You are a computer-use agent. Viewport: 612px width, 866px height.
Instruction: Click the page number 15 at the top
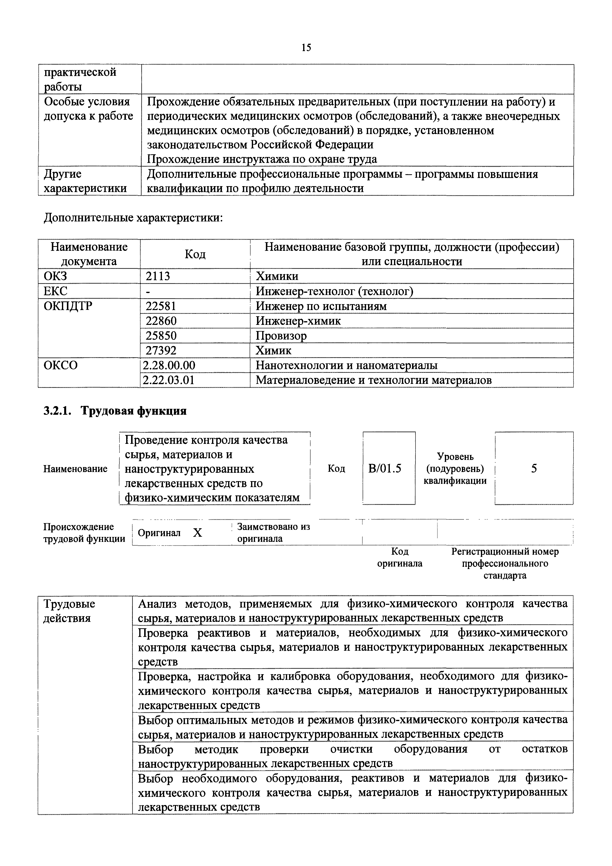point(306,48)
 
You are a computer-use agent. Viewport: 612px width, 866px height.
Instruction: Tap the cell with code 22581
point(161,306)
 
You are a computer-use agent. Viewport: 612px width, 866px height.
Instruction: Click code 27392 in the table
point(161,350)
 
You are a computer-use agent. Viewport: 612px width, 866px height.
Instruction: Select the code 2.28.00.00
point(169,365)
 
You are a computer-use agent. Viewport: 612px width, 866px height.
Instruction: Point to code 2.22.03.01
point(169,380)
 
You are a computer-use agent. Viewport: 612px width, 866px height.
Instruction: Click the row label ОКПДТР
point(68,306)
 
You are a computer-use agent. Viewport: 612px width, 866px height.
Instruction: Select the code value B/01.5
point(385,469)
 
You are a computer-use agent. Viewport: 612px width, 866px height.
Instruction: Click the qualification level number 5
point(534,469)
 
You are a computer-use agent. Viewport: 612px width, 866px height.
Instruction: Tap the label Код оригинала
point(400,557)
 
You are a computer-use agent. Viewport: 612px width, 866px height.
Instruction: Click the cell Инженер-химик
point(298,321)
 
